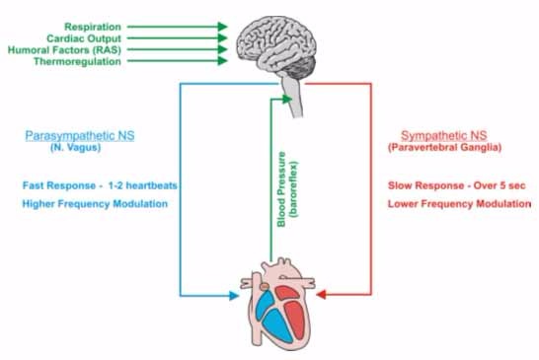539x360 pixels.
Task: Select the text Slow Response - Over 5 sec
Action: click(451, 184)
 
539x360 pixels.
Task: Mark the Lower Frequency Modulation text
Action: click(451, 203)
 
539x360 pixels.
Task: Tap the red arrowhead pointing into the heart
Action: click(326, 293)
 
